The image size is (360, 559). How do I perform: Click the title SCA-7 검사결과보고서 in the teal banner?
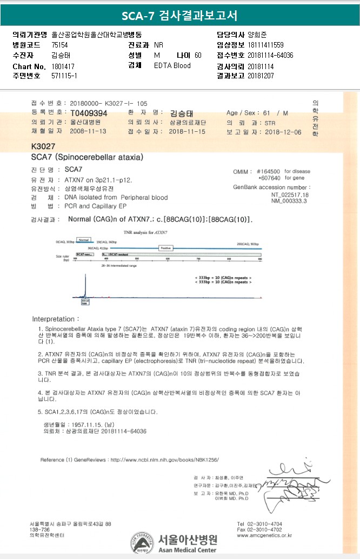tap(179, 15)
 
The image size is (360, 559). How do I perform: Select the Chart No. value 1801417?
tap(64, 66)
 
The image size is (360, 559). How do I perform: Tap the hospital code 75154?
tap(59, 45)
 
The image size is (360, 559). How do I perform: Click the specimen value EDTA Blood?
tap(172, 66)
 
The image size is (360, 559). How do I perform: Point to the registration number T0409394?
tap(89, 113)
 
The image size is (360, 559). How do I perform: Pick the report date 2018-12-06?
tap(283, 132)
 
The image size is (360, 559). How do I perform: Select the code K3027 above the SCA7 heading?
tap(44, 146)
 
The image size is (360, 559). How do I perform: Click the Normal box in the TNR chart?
tap(83, 239)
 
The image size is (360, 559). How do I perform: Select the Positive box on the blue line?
tap(166, 247)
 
